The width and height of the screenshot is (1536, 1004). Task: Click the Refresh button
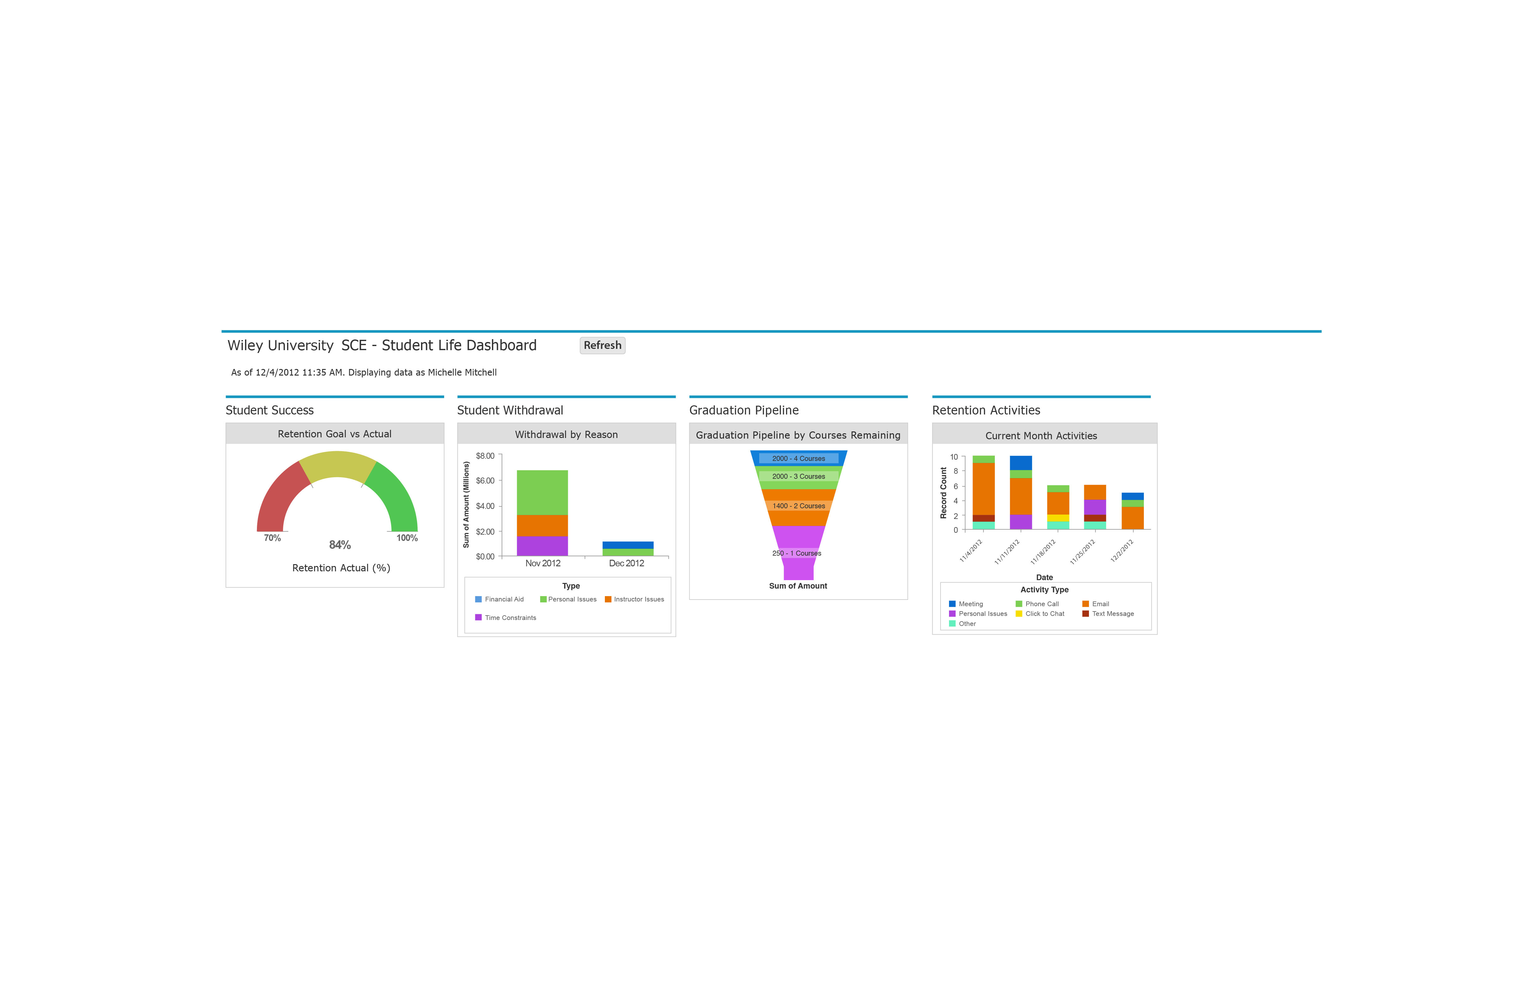(x=602, y=345)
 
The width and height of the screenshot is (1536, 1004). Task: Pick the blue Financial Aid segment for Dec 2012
(x=627, y=545)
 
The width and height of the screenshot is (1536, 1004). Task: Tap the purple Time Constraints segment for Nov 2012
(x=542, y=546)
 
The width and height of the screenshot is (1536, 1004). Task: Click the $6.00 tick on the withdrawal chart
(x=485, y=481)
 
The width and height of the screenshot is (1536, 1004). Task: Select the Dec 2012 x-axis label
(x=626, y=563)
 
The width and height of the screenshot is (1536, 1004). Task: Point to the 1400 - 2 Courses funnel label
(x=798, y=506)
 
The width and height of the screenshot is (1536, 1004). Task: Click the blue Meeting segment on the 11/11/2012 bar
(x=1020, y=463)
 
